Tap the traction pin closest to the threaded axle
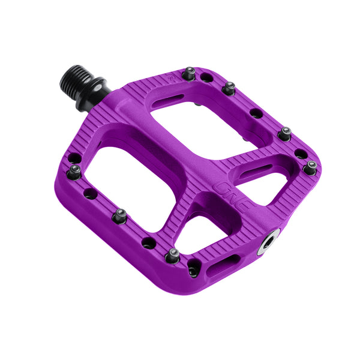(x=189, y=73)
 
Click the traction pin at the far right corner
(x=310, y=169)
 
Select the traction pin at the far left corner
(x=75, y=172)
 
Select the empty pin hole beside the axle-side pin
(x=206, y=77)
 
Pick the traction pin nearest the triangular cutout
(x=173, y=254)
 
